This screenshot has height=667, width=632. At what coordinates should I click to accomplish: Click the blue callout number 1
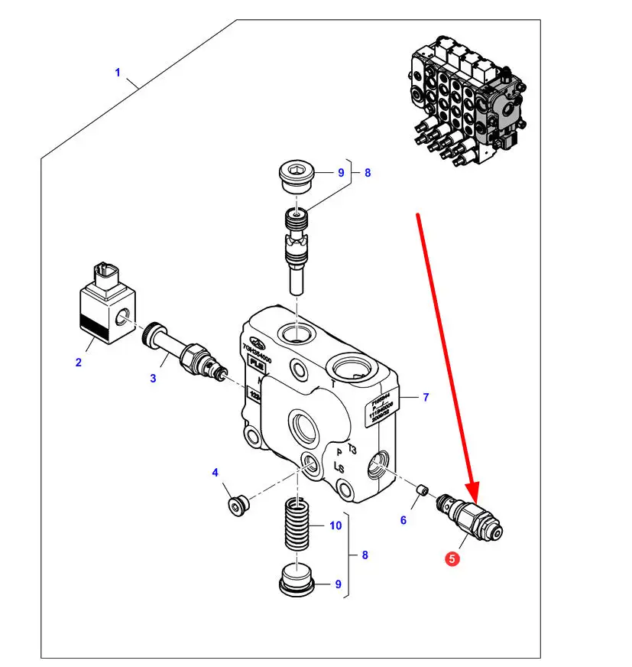118,73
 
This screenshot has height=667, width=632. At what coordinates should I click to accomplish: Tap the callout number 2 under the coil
78,363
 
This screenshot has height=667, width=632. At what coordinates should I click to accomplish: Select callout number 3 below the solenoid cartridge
153,378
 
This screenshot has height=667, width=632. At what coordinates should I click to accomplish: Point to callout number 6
404,520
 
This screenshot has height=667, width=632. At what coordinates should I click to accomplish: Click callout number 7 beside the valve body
426,397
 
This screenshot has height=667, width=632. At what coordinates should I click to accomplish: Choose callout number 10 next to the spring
335,525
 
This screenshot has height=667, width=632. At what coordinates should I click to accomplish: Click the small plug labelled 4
236,504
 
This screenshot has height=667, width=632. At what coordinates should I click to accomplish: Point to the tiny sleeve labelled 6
420,490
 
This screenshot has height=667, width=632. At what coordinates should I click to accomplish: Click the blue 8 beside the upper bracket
368,173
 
